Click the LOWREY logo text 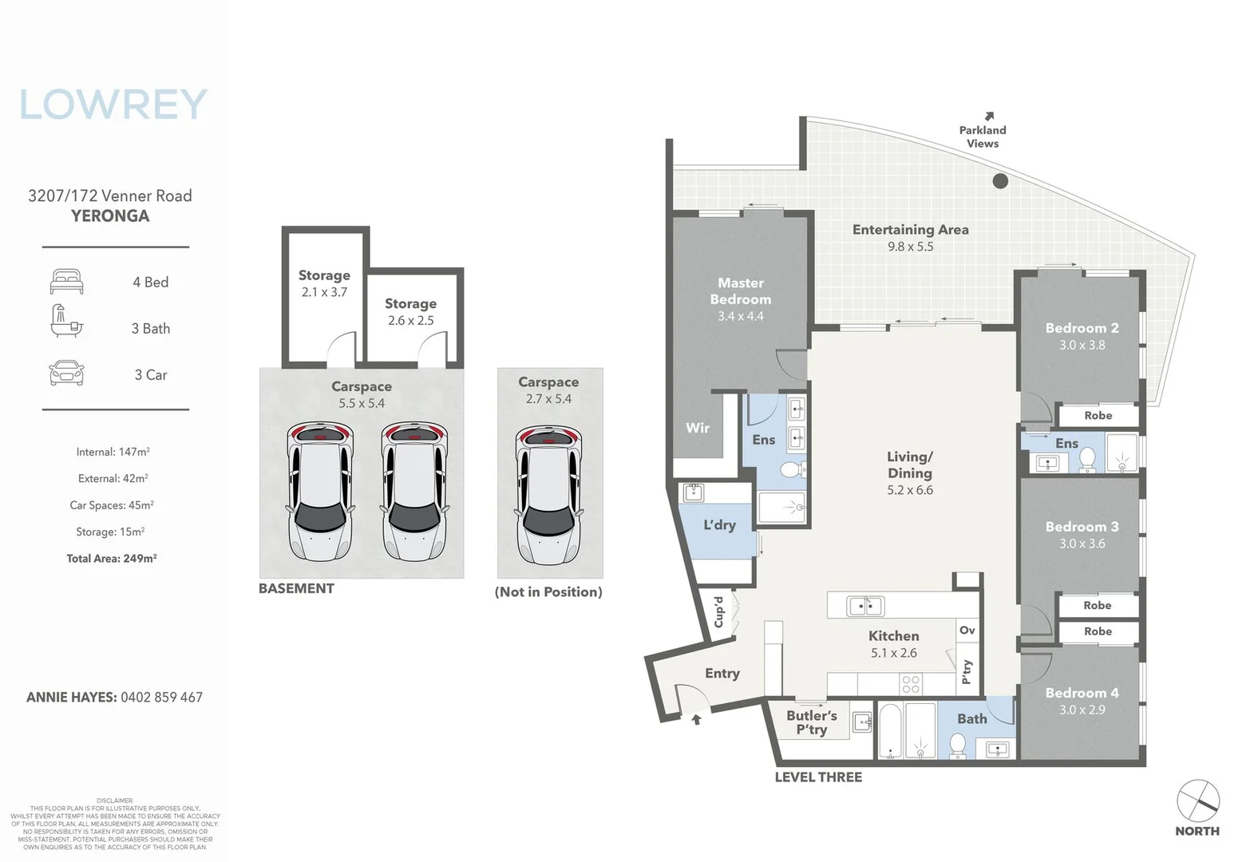pyautogui.click(x=113, y=105)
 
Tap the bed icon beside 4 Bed pyautogui.click(x=66, y=282)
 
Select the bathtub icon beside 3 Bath pyautogui.click(x=66, y=322)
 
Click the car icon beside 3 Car pyautogui.click(x=66, y=374)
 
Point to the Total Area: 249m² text pyautogui.click(x=112, y=559)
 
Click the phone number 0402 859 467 pyautogui.click(x=161, y=697)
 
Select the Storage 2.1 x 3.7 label pyautogui.click(x=324, y=283)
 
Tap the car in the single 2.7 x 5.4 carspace pyautogui.click(x=549, y=495)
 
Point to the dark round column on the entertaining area pyautogui.click(x=1000, y=181)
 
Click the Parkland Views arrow pyautogui.click(x=990, y=117)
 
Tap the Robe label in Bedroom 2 pyautogui.click(x=1098, y=416)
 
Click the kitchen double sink pyautogui.click(x=864, y=607)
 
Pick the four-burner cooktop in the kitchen pyautogui.click(x=910, y=684)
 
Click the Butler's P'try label pyautogui.click(x=812, y=722)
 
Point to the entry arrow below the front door pyautogui.click(x=696, y=719)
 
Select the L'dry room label pyautogui.click(x=719, y=525)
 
